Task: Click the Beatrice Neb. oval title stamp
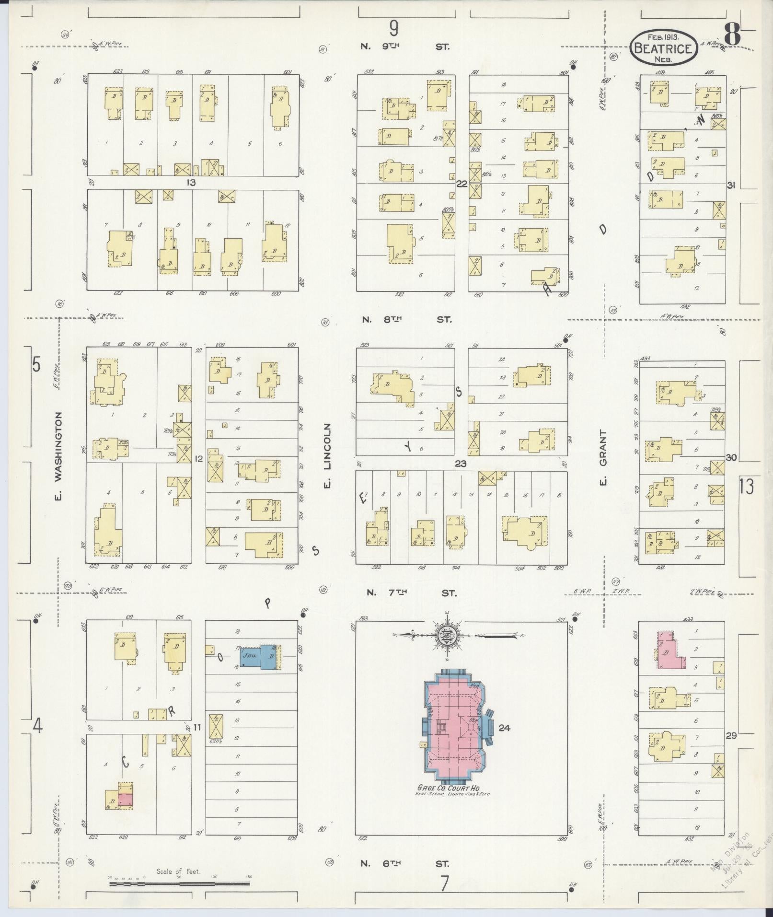[663, 48]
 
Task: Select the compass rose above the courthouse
[447, 636]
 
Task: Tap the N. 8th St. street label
[406, 319]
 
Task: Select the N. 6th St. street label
[405, 864]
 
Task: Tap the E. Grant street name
[603, 457]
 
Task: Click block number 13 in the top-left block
[192, 183]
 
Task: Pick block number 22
[461, 184]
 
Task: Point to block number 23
[461, 464]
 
